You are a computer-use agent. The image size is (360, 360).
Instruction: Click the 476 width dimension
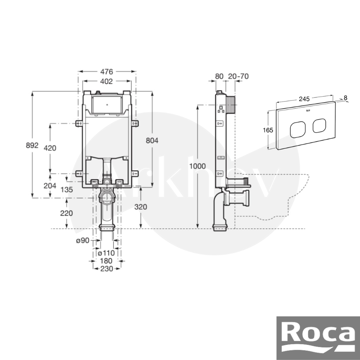click(107, 72)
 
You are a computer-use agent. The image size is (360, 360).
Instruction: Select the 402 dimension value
click(107, 81)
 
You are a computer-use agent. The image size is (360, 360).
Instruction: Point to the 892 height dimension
click(32, 145)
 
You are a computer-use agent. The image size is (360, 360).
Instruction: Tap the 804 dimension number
click(152, 140)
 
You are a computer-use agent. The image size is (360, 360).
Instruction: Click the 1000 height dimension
click(197, 166)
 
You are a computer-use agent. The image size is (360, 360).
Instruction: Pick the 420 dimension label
click(50, 148)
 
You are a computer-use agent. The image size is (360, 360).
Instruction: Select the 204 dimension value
click(50, 185)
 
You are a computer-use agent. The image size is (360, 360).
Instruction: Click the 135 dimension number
click(67, 190)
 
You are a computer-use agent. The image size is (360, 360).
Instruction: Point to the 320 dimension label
click(140, 207)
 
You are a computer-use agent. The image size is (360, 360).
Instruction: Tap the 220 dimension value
click(66, 213)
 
